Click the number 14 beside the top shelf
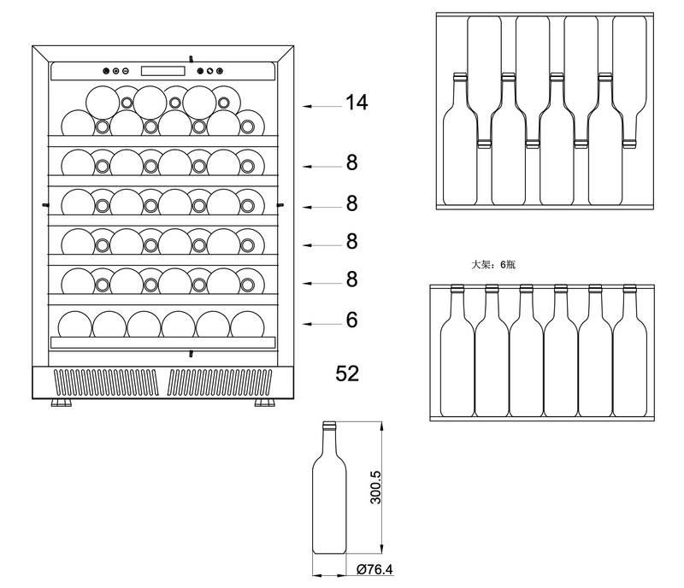click(x=357, y=103)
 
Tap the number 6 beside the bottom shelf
click(x=351, y=320)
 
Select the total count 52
click(x=347, y=373)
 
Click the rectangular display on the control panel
click(x=162, y=71)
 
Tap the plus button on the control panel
click(x=107, y=71)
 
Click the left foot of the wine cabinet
click(x=62, y=401)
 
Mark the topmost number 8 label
click(x=351, y=162)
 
